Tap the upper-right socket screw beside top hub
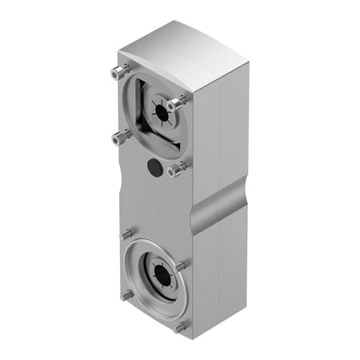click(x=178, y=102)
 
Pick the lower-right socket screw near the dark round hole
click(x=177, y=169)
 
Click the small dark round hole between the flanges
click(x=154, y=166)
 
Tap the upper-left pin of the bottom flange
click(x=127, y=234)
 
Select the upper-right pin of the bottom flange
click(x=182, y=264)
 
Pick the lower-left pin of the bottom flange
click(x=127, y=294)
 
